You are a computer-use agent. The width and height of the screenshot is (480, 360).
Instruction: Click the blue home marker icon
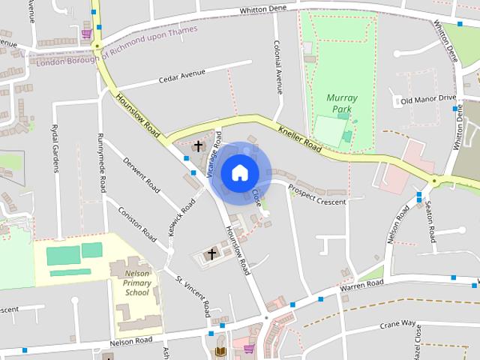[x=239, y=172]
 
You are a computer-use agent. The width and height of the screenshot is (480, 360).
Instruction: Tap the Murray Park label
[x=342, y=103]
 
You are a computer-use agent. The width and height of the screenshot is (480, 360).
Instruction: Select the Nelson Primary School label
[x=137, y=283]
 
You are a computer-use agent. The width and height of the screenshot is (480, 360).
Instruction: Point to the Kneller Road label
[x=300, y=138]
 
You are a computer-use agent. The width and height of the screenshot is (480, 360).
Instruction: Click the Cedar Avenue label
[x=181, y=78]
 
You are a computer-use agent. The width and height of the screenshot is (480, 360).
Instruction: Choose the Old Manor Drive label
[x=428, y=99]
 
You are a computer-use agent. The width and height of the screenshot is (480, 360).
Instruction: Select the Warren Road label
[x=361, y=285]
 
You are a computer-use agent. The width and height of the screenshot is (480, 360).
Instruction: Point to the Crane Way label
[x=397, y=324]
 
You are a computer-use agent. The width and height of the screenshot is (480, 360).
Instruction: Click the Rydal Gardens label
[x=55, y=148]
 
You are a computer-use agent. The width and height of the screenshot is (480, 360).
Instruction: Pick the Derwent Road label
[x=142, y=173]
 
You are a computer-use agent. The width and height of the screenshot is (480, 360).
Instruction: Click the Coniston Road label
[x=135, y=220]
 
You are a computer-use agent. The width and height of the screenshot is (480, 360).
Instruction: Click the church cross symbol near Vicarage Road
[x=199, y=145]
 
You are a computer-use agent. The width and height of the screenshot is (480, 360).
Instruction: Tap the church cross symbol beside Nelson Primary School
[x=211, y=254]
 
